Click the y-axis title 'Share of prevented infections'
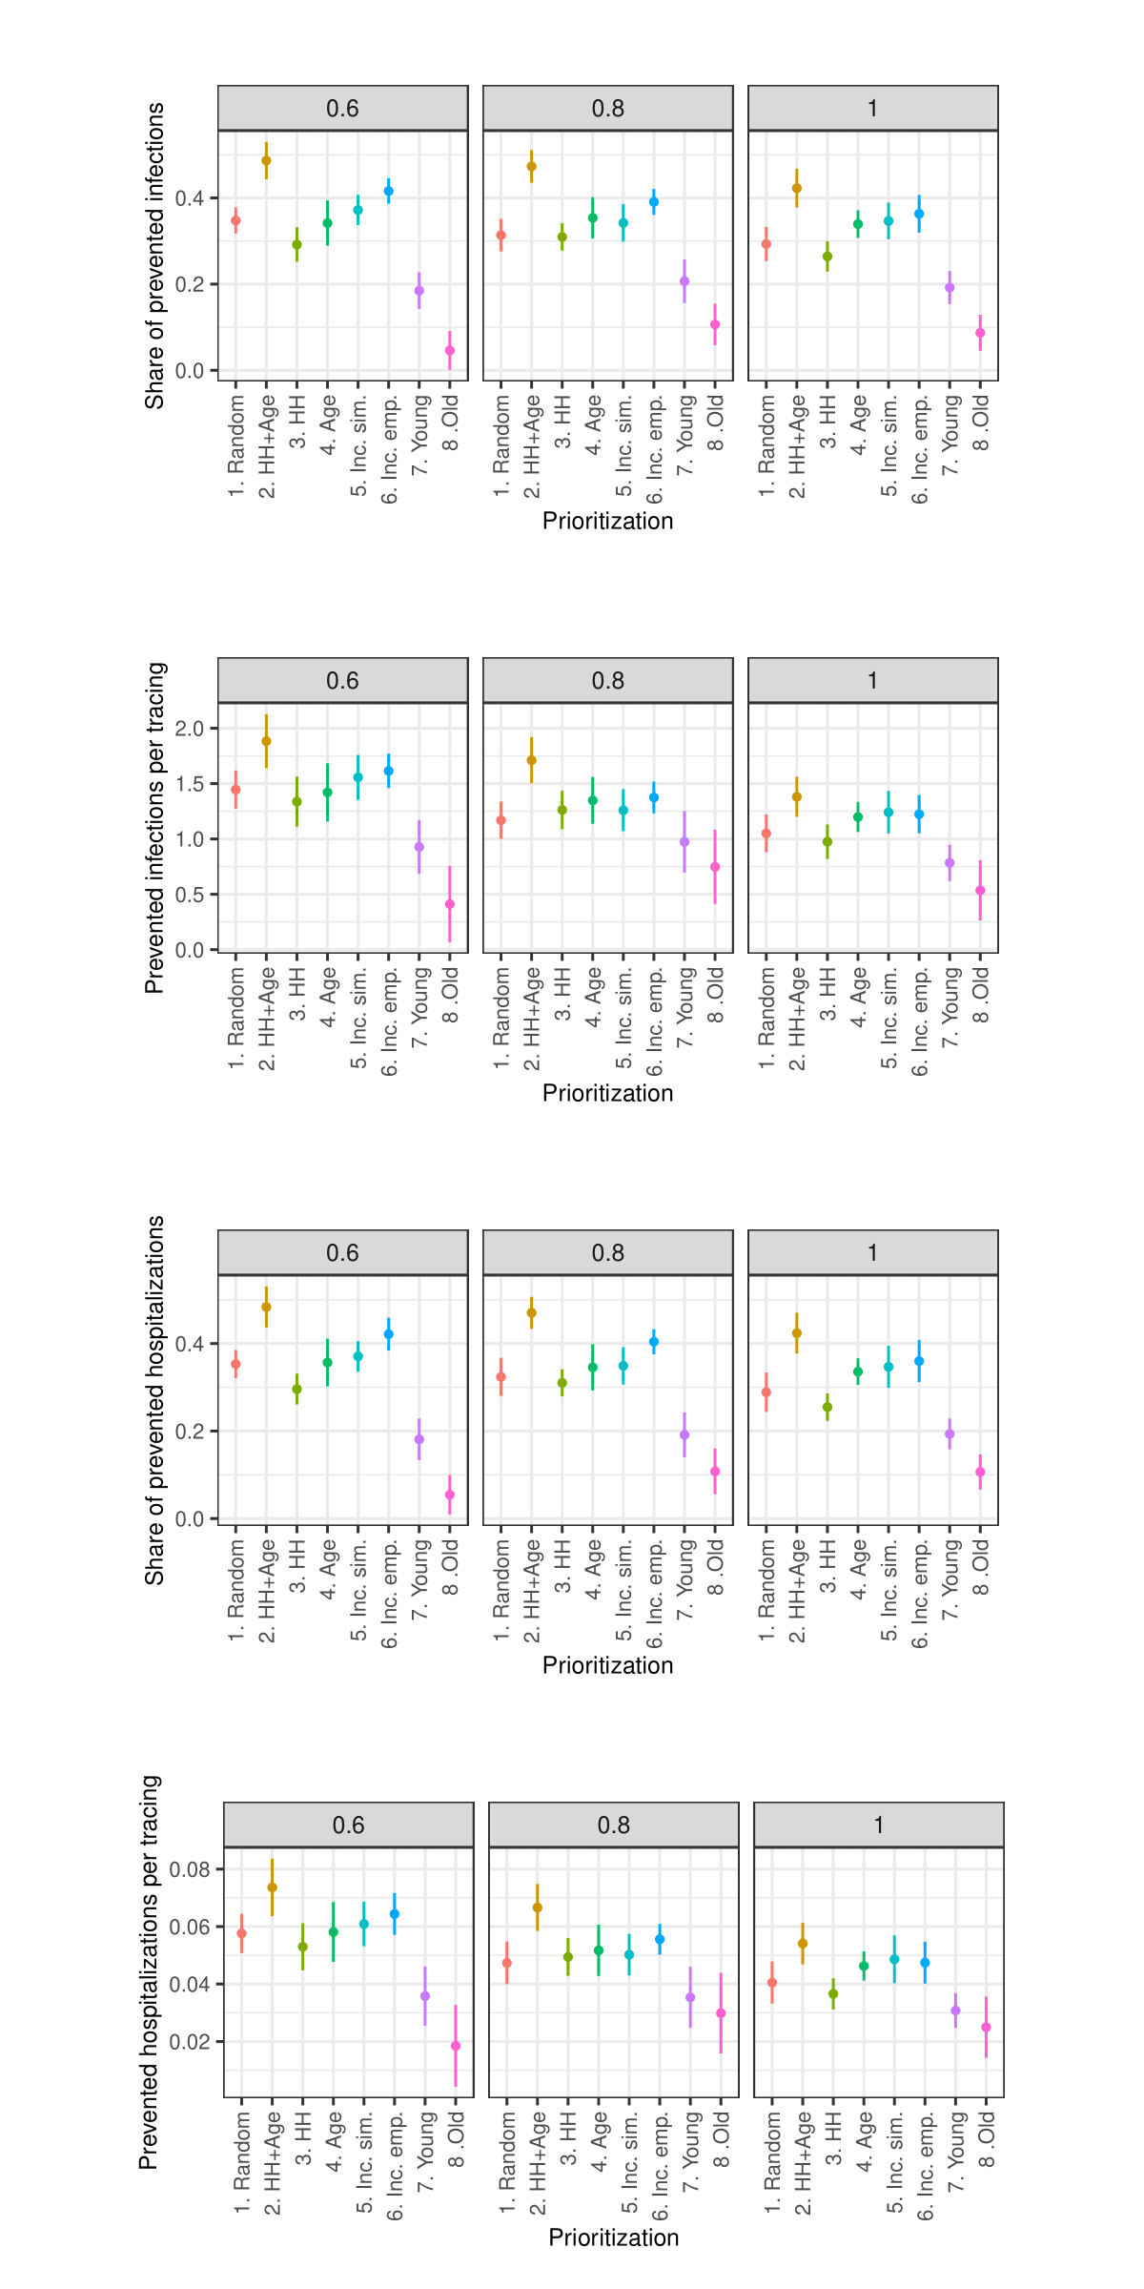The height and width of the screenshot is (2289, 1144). point(154,256)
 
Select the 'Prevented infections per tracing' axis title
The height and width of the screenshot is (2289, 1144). point(154,828)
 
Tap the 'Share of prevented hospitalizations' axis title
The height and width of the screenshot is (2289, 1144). point(154,1400)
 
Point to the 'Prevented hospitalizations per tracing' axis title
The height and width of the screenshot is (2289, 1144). point(149,1972)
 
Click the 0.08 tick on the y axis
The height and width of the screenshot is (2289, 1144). point(190,1869)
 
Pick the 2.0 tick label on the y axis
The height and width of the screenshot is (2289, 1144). point(190,729)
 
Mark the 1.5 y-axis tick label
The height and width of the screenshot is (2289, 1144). point(190,784)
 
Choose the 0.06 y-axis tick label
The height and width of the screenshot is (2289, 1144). point(190,1927)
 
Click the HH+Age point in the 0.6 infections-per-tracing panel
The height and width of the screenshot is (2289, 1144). point(266,741)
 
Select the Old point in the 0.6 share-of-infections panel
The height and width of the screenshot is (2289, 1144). point(450,351)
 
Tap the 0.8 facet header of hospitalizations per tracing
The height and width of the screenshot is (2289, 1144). point(613,1825)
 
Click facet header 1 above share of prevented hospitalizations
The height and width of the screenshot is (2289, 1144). point(872,1253)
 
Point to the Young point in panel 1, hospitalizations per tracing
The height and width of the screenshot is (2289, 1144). point(955,2011)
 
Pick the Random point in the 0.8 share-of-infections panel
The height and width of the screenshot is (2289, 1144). point(500,236)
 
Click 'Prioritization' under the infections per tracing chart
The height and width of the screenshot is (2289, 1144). point(607,1093)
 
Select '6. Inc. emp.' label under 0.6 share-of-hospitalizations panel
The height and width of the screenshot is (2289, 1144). point(389,1593)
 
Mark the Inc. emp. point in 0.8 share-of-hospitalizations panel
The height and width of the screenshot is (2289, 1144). point(654,1342)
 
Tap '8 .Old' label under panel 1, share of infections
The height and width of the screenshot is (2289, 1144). point(981,423)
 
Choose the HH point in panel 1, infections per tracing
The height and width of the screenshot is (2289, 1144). point(827,842)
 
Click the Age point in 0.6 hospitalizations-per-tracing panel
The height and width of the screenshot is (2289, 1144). point(334,1932)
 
